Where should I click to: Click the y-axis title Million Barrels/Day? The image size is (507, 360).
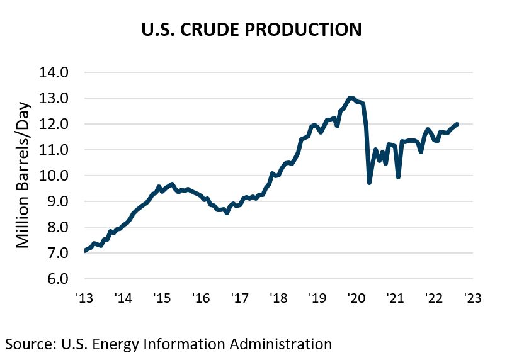(x=23, y=174)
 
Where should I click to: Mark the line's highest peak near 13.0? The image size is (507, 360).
(x=350, y=98)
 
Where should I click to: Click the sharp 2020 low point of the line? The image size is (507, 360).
(x=369, y=183)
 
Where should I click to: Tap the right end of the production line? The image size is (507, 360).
(x=457, y=124)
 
